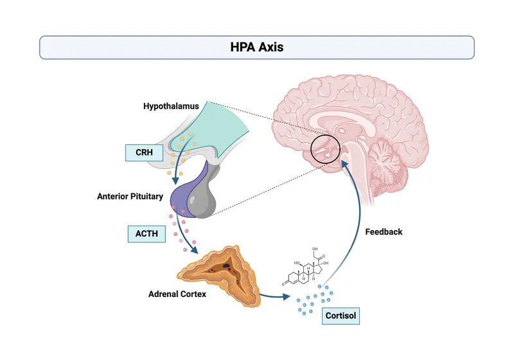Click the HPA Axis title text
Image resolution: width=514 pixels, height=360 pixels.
(256, 47)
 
